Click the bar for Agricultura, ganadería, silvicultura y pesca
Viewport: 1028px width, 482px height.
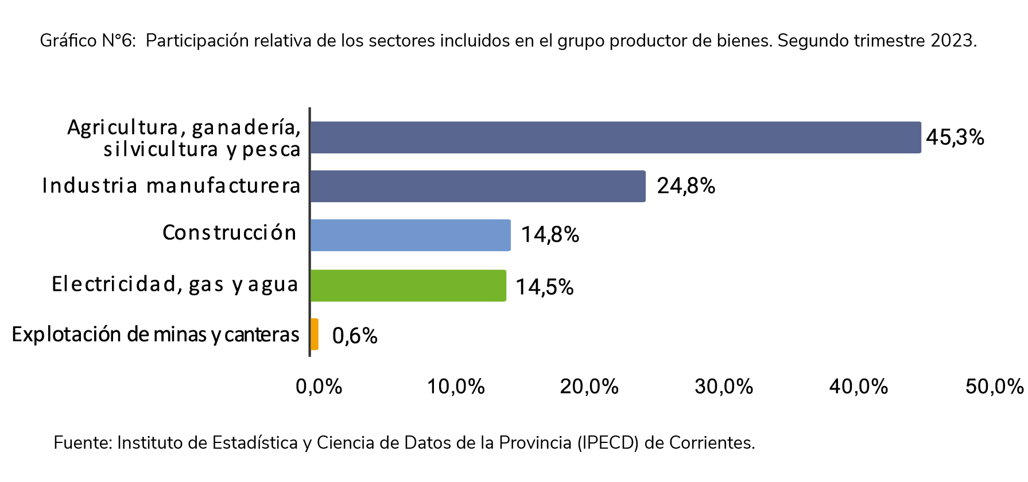click(x=614, y=137)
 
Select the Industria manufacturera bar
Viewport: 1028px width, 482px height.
click(x=476, y=186)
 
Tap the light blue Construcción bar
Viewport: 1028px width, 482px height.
click(x=410, y=235)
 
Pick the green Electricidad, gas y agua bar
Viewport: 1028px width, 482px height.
click(x=408, y=286)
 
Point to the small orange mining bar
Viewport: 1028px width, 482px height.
click(x=314, y=334)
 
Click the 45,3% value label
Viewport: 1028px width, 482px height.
click(x=955, y=137)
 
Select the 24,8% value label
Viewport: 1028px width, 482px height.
click(x=686, y=186)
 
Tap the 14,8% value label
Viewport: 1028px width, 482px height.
click(x=550, y=235)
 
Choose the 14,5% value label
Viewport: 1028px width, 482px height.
click(x=544, y=287)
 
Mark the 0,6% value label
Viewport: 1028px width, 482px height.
click(x=355, y=336)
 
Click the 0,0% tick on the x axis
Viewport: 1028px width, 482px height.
click(x=319, y=387)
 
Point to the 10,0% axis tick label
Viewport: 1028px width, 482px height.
click(x=456, y=387)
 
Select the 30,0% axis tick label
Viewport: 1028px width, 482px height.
click(x=723, y=387)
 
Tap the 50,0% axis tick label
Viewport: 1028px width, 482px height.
click(x=994, y=387)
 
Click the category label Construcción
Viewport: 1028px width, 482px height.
click(x=229, y=233)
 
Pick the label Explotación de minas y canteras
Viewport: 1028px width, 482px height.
click(x=156, y=334)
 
